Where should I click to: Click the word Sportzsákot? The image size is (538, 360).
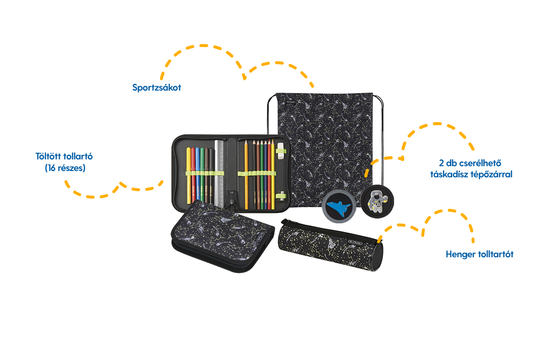(x=157, y=87)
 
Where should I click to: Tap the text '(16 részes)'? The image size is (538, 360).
(x=65, y=168)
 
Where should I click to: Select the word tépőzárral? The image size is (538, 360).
(x=491, y=174)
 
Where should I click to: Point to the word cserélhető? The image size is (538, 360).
(x=480, y=163)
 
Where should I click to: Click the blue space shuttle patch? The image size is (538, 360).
(x=339, y=207)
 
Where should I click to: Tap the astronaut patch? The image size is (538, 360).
(x=378, y=201)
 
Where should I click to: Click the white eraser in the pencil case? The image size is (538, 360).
(x=280, y=151)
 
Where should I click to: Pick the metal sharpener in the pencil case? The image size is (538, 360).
(x=281, y=196)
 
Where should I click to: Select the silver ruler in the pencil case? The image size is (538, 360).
(x=219, y=173)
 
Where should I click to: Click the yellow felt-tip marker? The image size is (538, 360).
(x=189, y=175)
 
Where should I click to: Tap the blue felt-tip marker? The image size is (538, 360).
(x=198, y=175)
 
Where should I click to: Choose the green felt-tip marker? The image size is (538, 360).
(x=202, y=175)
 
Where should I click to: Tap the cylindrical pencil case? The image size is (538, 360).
(x=331, y=245)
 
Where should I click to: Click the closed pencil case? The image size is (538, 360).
(x=222, y=236)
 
